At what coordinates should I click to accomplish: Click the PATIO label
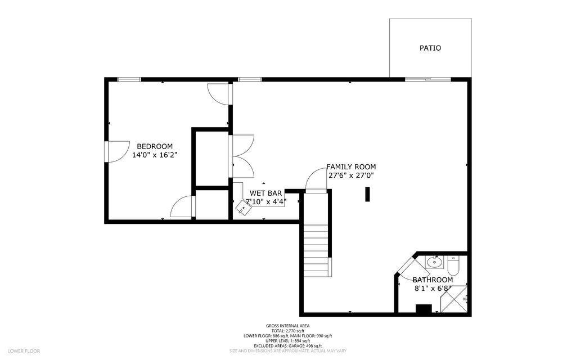click(x=430, y=48)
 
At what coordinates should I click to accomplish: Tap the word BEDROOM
click(x=155, y=146)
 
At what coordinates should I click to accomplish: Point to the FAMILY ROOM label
click(x=351, y=167)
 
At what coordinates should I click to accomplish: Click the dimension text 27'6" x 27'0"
click(x=351, y=175)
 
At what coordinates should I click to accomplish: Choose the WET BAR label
click(x=266, y=193)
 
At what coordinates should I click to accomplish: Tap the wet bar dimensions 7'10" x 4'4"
click(x=266, y=201)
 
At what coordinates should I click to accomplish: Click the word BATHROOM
click(x=433, y=280)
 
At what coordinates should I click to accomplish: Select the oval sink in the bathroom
click(x=434, y=262)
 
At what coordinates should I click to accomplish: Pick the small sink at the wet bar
click(x=243, y=207)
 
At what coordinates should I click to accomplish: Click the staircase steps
click(x=316, y=250)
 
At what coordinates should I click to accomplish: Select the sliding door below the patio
click(x=427, y=79)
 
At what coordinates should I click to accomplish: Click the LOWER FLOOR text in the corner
click(x=24, y=351)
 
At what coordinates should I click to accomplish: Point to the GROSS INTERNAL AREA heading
click(x=287, y=326)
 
